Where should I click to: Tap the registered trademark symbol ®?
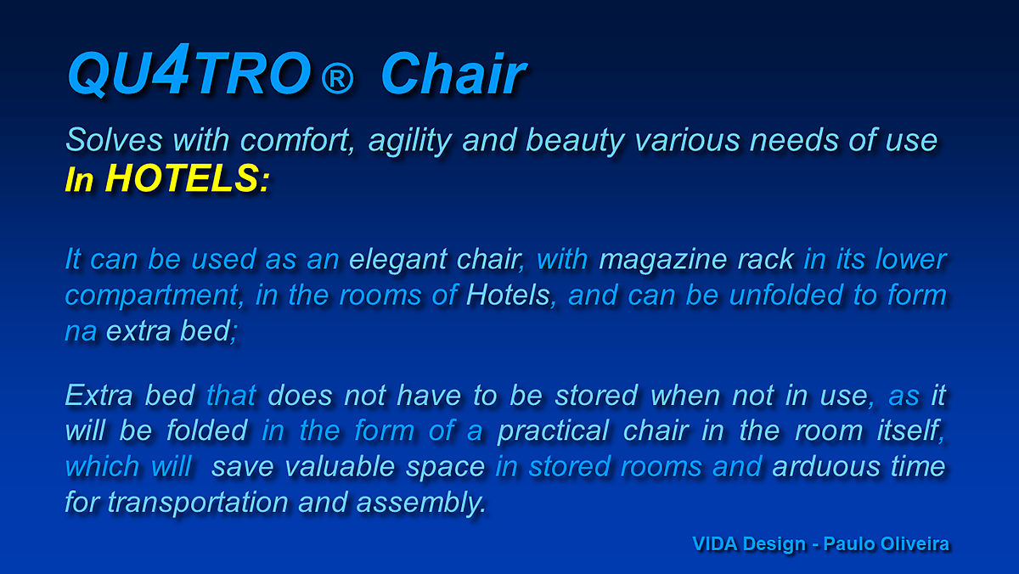[x=337, y=78]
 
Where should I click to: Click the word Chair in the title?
[x=453, y=73]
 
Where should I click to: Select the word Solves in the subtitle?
[x=114, y=139]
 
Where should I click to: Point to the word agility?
[x=410, y=142]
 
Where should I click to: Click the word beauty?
[x=575, y=142]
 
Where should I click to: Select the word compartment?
[x=152, y=296]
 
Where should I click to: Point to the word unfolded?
[x=786, y=295]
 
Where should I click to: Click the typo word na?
[x=81, y=331]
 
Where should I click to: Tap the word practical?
[x=553, y=430]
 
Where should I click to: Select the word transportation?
[x=198, y=503]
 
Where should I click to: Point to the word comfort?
[x=296, y=139]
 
